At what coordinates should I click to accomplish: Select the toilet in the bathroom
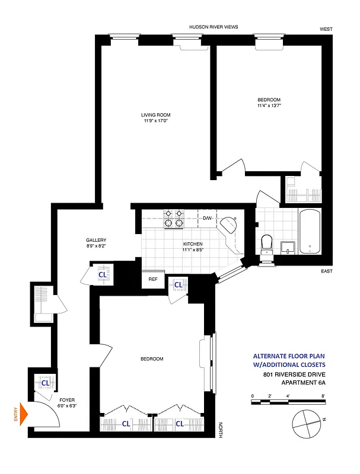tap(267, 243)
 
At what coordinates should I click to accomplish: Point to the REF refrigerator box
tap(152, 279)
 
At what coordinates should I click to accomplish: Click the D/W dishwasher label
tap(208, 219)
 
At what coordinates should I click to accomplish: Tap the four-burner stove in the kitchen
tap(173, 219)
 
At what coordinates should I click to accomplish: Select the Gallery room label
tap(95, 240)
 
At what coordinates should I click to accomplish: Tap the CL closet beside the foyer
tap(45, 383)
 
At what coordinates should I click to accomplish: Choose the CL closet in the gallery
tap(102, 275)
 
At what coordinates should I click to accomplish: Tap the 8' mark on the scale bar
tap(323, 395)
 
